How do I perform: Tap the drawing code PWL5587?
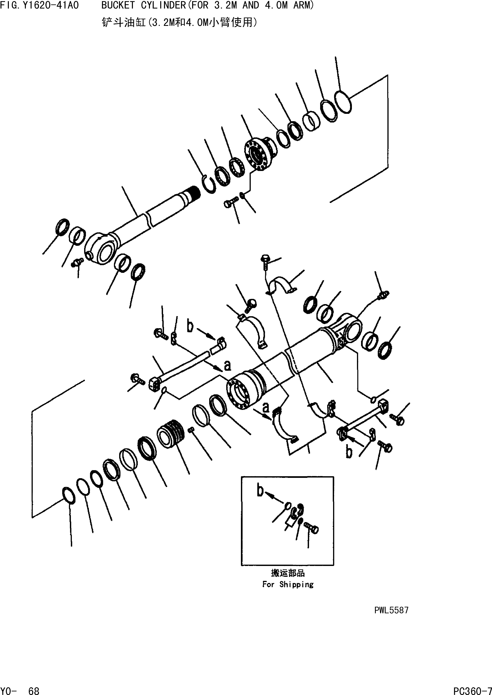[x=391, y=610]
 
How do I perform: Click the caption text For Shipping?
[x=288, y=584]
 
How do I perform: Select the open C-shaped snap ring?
[x=208, y=184]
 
